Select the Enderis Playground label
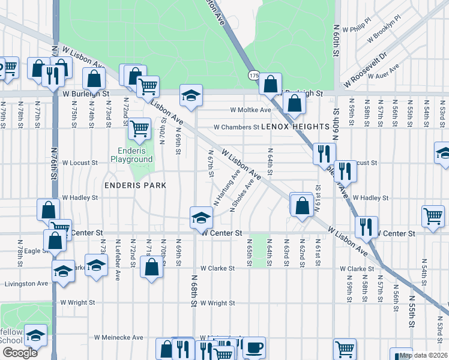point(131,155)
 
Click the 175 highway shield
point(253,75)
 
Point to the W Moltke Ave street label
point(252,110)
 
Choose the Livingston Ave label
point(26,283)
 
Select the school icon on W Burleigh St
point(191,95)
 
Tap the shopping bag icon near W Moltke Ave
point(294,104)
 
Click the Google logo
point(20,353)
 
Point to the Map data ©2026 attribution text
point(423,355)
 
